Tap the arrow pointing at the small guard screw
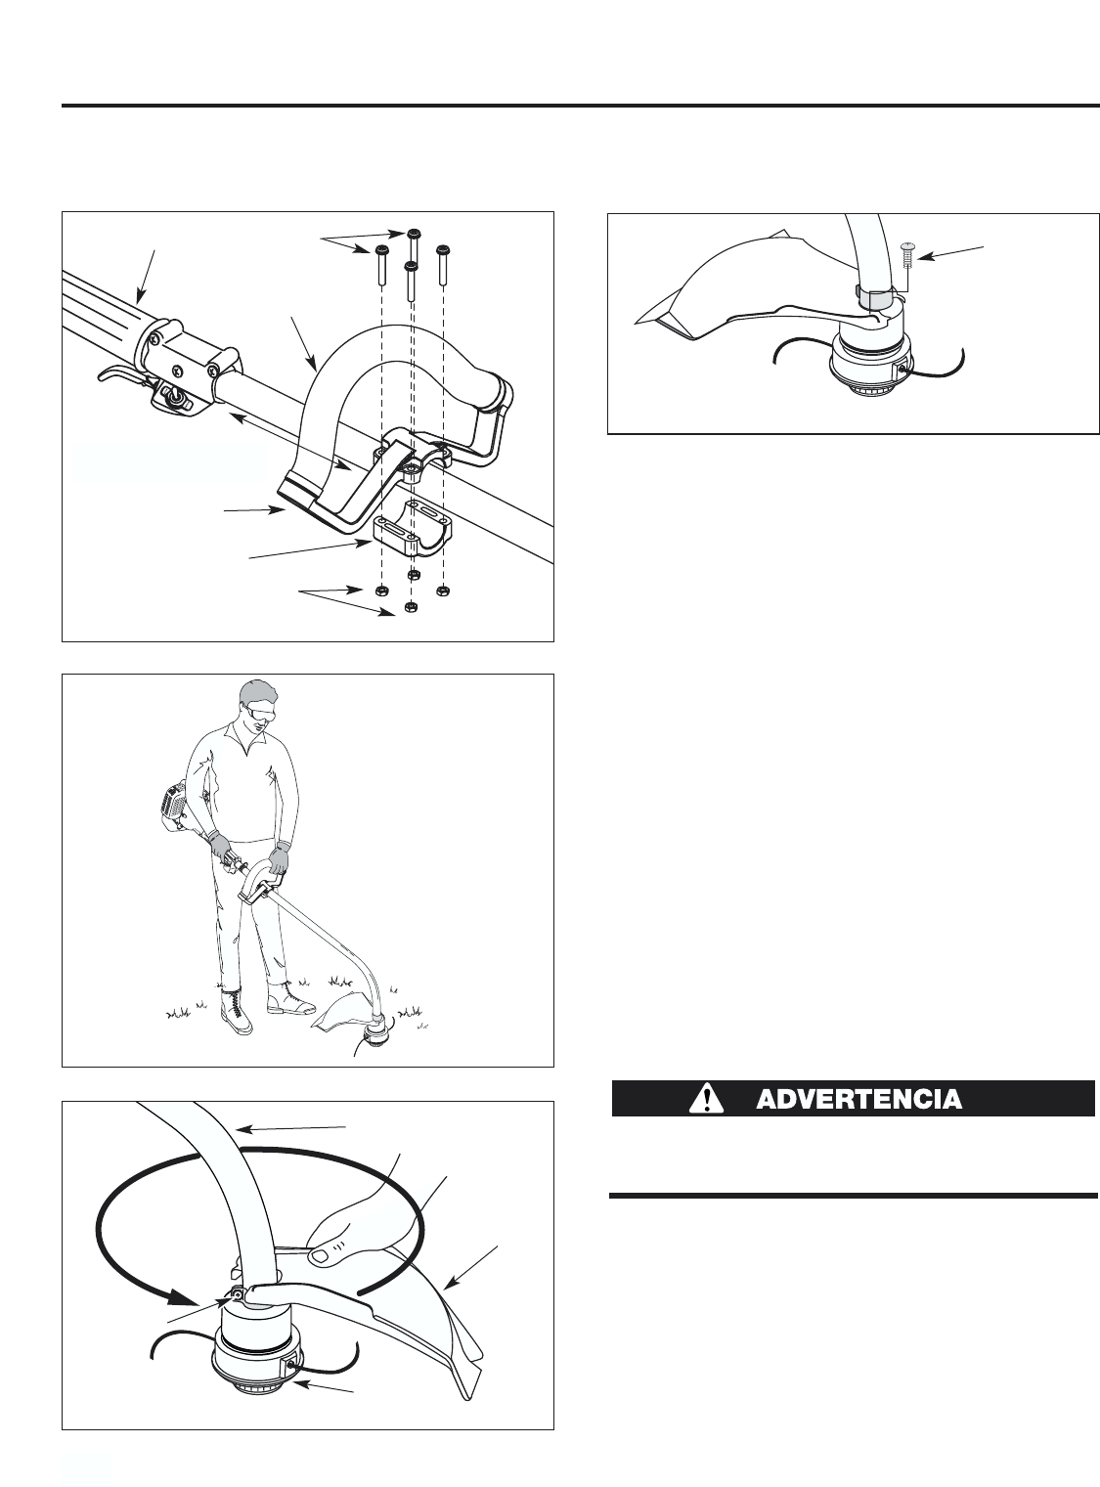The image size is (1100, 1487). [950, 253]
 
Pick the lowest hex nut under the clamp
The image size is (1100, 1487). [410, 607]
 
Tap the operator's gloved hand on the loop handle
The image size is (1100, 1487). [279, 857]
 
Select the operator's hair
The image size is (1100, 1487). [257, 692]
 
